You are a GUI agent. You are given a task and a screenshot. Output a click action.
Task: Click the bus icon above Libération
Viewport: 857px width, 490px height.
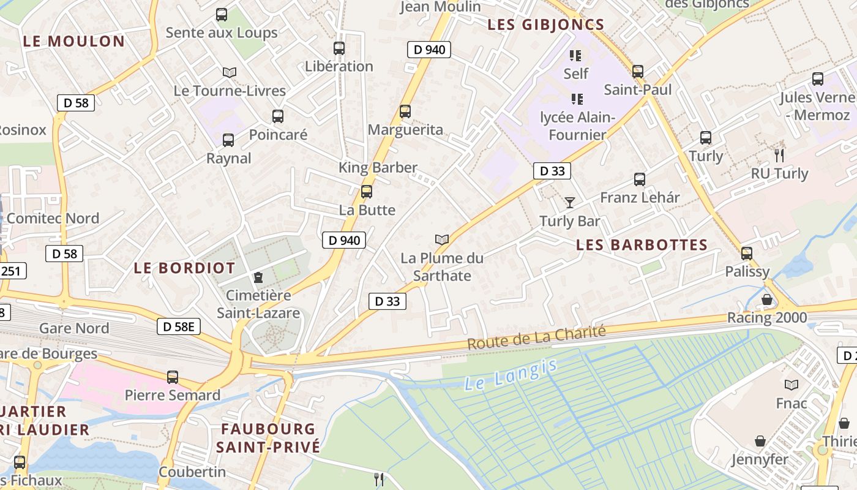coord(339,48)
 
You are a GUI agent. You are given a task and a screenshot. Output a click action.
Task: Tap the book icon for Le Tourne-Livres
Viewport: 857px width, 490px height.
coord(230,73)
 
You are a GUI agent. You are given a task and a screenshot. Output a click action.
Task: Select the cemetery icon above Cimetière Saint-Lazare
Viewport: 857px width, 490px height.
coord(258,277)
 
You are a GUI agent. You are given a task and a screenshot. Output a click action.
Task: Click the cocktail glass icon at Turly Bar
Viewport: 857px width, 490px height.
coord(570,202)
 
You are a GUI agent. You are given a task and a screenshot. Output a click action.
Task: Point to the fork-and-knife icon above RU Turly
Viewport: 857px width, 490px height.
coord(779,155)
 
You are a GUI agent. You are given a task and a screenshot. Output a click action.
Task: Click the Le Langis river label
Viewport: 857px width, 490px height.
coord(511,375)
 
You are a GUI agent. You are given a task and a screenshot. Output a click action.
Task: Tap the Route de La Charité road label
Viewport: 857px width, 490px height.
coord(536,337)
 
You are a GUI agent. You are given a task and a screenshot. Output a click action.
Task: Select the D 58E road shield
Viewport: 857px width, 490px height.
coord(179,327)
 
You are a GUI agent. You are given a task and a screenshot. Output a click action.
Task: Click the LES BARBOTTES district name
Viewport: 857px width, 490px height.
coord(642,245)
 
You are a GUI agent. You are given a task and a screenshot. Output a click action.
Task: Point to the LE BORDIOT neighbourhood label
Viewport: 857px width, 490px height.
coord(184,268)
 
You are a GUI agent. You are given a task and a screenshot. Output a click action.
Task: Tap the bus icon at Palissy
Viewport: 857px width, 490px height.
coord(747,253)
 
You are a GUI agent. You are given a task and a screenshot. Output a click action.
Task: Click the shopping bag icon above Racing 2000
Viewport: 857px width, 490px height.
coord(766,300)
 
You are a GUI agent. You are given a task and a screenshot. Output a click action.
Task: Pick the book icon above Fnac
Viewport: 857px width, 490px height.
coord(792,385)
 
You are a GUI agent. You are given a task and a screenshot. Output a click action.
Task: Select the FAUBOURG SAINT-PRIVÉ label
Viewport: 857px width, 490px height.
coord(268,437)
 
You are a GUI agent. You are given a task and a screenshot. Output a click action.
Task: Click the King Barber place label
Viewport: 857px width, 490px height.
coord(378,167)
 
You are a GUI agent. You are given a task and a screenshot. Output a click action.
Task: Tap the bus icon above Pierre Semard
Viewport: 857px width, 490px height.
coord(173,377)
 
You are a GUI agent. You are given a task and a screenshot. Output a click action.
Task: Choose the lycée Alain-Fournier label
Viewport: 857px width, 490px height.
coord(577,126)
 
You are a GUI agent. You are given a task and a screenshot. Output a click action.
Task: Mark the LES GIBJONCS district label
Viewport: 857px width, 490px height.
coord(545,25)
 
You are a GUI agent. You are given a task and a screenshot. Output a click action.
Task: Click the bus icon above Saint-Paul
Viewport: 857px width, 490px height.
coord(638,72)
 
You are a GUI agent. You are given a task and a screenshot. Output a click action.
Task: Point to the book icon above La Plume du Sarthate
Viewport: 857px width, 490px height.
coord(442,239)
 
